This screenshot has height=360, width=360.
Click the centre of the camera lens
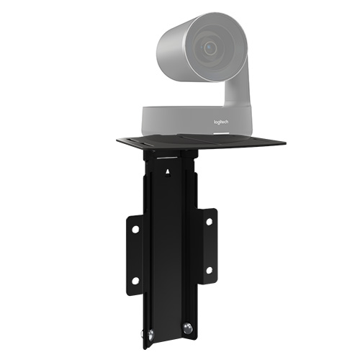pyautogui.click(x=210, y=48)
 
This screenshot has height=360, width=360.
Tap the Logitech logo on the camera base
pyautogui.click(x=221, y=122)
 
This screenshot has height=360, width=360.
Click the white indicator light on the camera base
pyautogui.click(x=221, y=133)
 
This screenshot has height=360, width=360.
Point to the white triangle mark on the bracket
pyautogui.click(x=168, y=171)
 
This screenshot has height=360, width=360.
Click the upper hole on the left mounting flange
pyautogui.click(x=135, y=229)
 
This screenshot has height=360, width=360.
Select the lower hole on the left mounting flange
pyautogui.click(x=135, y=281)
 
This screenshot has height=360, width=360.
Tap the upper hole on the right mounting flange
pyautogui.click(x=210, y=222)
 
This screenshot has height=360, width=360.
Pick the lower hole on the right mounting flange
pyautogui.click(x=210, y=271)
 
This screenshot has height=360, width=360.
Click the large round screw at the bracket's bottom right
pyautogui.click(x=187, y=328)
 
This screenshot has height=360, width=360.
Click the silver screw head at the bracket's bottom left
pyautogui.click(x=150, y=335)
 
